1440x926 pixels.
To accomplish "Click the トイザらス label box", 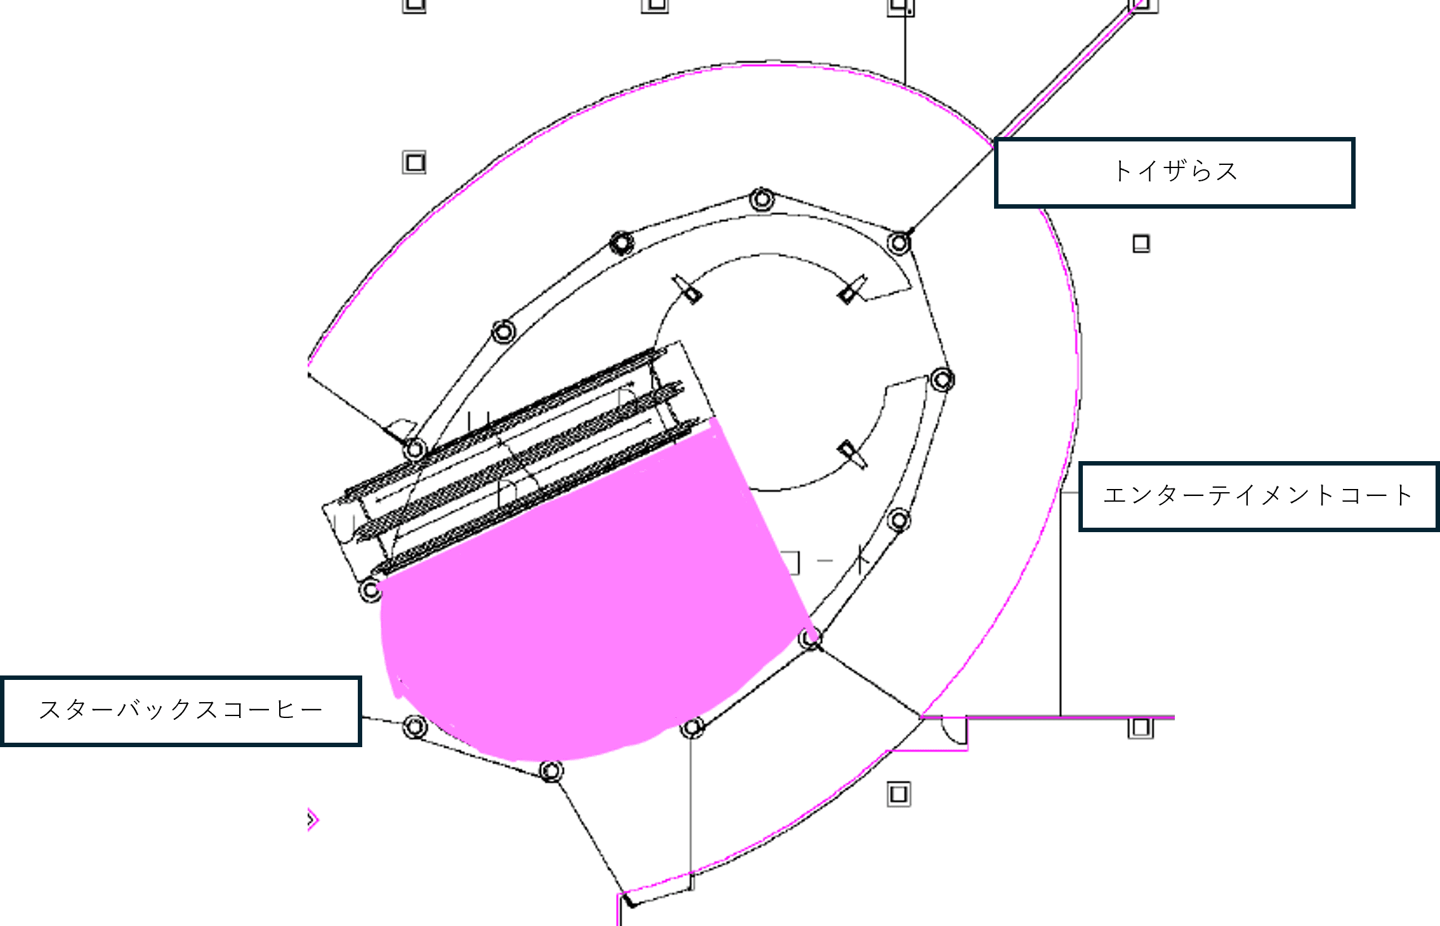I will point(1174,173).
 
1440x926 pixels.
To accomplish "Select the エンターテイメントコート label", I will point(1257,496).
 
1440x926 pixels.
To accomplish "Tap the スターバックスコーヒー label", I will point(181,710).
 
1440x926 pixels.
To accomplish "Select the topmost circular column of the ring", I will point(762,199).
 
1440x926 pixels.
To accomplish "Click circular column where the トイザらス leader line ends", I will point(899,242).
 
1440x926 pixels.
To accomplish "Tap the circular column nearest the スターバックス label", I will point(415,726).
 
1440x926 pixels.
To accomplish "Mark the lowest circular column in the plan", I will point(551,771).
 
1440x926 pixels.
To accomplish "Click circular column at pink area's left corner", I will point(370,590).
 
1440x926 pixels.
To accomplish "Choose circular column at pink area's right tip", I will point(810,638).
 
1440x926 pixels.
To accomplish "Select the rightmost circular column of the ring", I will point(942,380).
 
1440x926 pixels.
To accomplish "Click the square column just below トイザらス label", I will point(1141,244).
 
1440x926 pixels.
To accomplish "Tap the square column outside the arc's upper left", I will point(414,162).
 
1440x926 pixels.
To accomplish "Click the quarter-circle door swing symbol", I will point(953,730).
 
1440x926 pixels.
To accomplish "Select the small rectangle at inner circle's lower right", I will point(850,454).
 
